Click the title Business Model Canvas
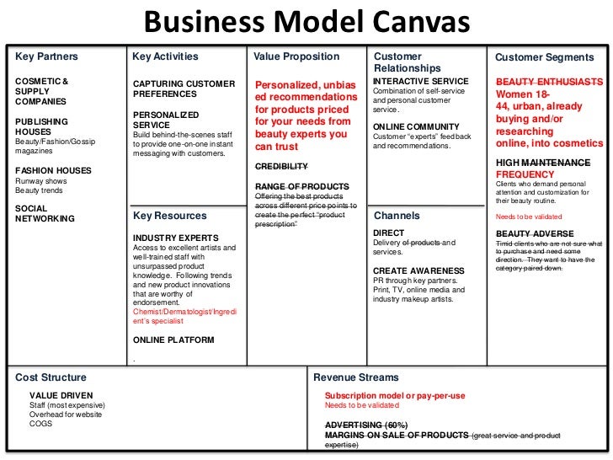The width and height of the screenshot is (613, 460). click(306, 20)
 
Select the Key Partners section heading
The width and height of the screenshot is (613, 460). click(46, 57)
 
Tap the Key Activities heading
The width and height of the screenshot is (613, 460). click(166, 57)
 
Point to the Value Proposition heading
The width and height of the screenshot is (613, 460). click(296, 57)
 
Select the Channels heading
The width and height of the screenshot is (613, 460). click(396, 216)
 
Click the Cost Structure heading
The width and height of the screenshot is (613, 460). click(51, 377)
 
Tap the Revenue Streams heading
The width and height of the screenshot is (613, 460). click(356, 377)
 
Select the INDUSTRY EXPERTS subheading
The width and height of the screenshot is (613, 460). click(176, 238)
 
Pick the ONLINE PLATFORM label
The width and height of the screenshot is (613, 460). click(173, 340)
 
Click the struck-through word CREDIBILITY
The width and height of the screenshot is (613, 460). click(281, 166)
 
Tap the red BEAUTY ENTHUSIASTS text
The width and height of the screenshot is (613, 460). click(549, 82)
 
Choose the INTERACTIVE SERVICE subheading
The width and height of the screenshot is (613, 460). click(420, 82)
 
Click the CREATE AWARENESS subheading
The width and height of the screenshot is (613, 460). click(418, 270)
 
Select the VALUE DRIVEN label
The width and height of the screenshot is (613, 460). click(61, 395)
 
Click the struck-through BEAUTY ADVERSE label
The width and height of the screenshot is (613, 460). click(535, 233)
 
